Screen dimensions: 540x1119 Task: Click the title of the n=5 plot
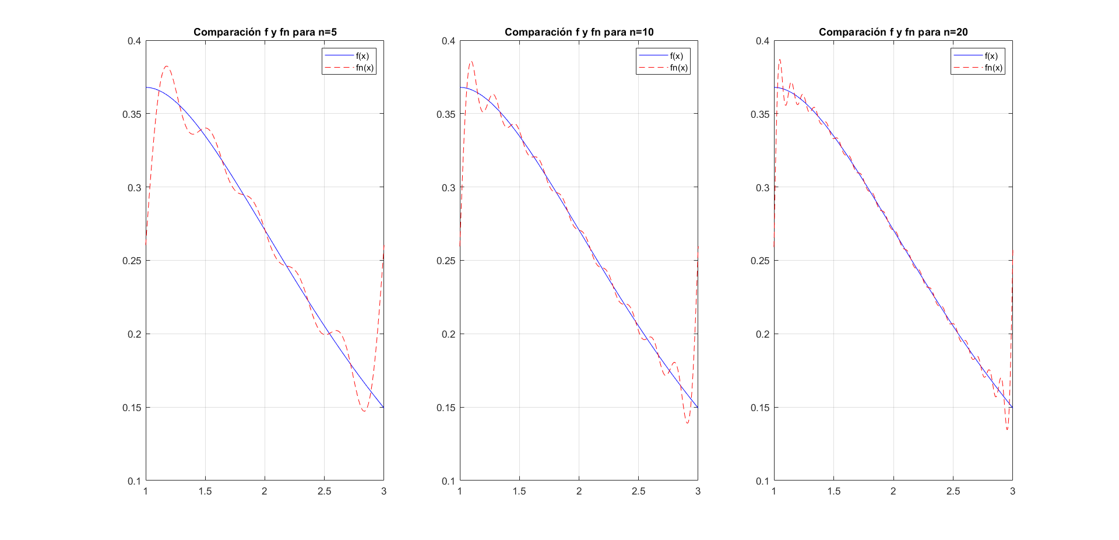[x=265, y=32]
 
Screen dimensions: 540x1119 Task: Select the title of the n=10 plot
[x=579, y=32]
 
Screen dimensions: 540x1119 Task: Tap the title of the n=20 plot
[x=893, y=32]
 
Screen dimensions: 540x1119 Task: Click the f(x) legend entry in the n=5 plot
[x=362, y=56]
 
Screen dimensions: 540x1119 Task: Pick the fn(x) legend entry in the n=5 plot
[x=365, y=68]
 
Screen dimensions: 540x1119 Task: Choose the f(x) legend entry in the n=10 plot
[x=676, y=56]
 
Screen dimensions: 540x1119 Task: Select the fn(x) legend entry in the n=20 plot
[x=994, y=68]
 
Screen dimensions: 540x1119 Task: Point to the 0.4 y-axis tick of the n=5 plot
[x=135, y=41]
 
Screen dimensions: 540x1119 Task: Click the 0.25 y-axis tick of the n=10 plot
[x=448, y=261]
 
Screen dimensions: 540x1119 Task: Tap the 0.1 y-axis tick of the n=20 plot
[x=762, y=481]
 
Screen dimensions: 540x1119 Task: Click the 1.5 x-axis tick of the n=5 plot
[x=205, y=491]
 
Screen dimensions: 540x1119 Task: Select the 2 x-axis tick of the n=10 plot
[x=579, y=491]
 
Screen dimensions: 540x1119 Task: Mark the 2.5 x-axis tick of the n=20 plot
[x=953, y=491]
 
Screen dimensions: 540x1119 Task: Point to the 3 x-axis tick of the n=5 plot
[x=383, y=491]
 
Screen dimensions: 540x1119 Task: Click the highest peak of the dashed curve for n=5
[x=167, y=66]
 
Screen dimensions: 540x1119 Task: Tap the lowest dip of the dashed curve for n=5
[x=364, y=411]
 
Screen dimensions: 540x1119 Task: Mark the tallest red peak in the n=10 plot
[x=471, y=61]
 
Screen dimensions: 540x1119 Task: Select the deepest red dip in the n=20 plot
[x=1007, y=430]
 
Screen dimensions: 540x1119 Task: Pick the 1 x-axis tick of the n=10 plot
[x=460, y=491]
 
